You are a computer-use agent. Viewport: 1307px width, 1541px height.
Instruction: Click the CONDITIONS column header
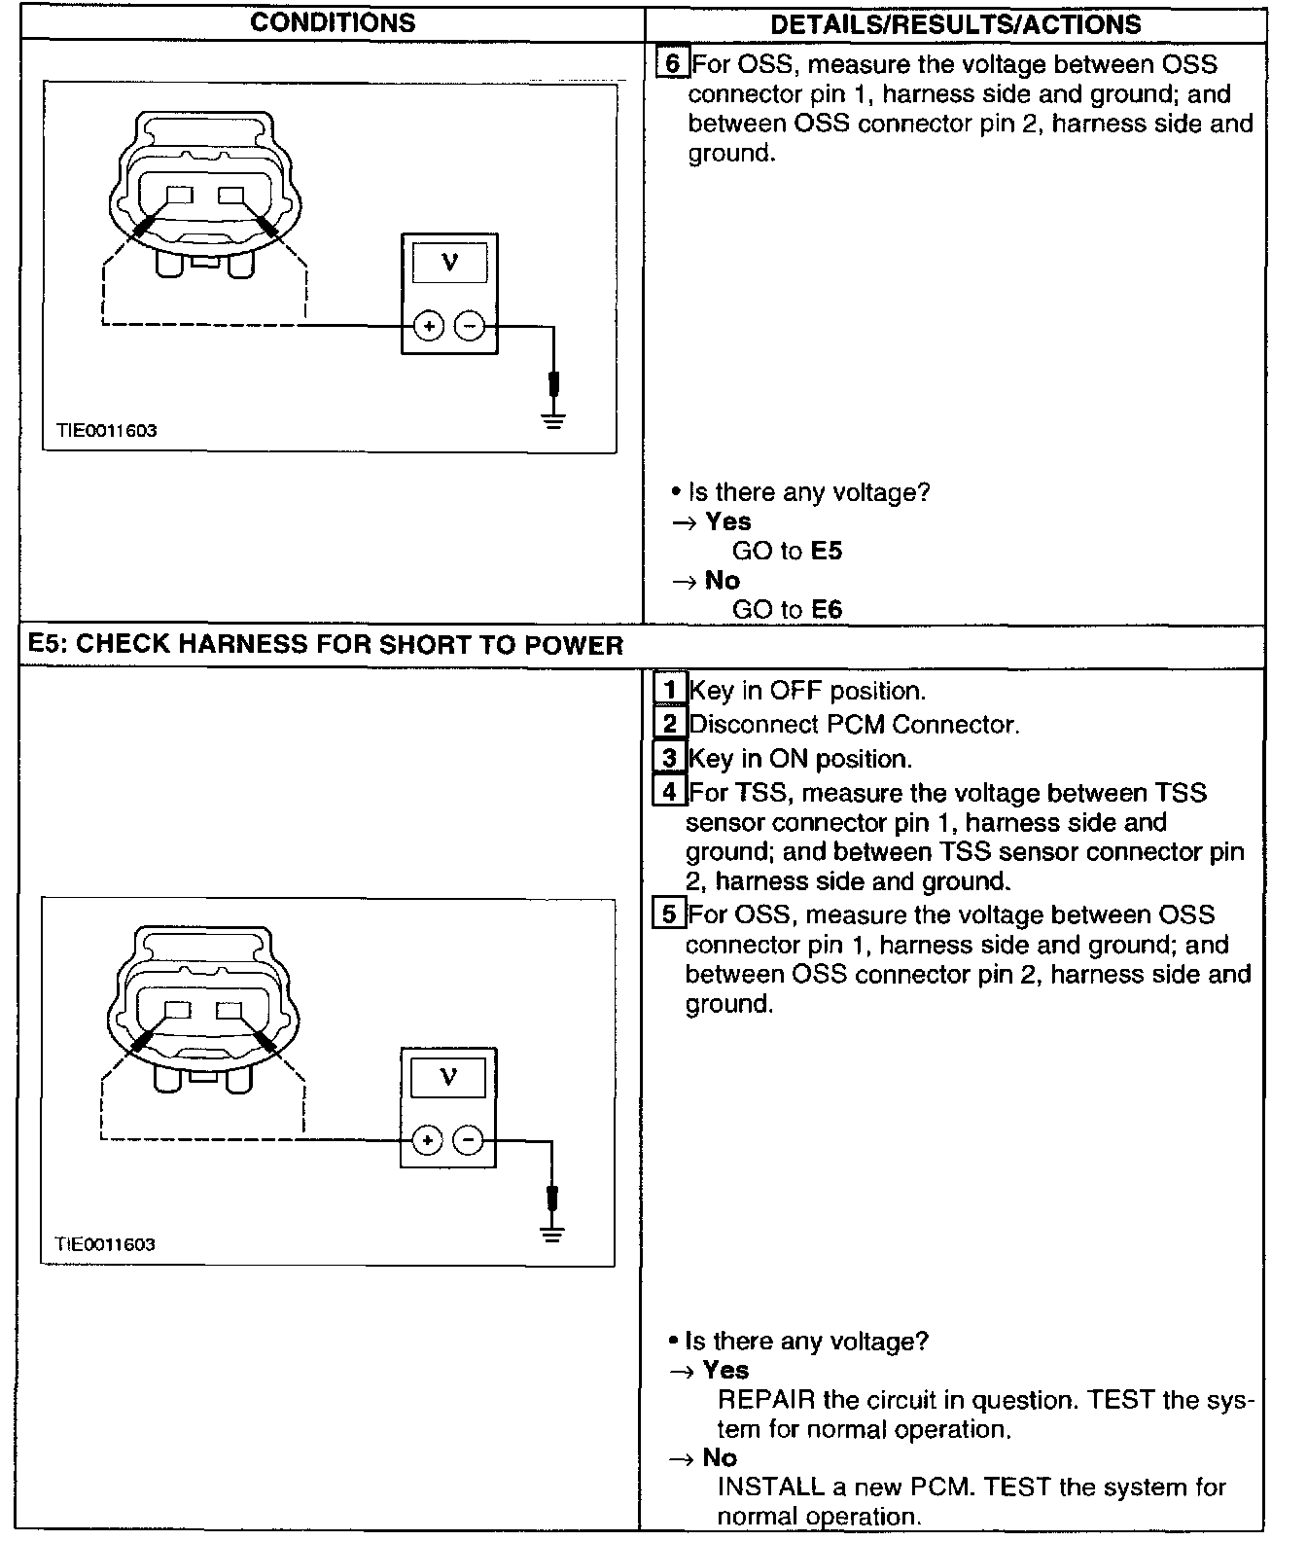tap(332, 23)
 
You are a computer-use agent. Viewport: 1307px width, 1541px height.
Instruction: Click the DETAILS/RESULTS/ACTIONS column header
tap(955, 25)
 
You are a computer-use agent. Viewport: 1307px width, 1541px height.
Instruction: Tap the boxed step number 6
tap(672, 64)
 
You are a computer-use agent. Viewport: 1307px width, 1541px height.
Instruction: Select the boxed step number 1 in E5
tap(669, 690)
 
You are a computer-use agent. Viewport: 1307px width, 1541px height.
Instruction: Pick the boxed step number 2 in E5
tap(669, 724)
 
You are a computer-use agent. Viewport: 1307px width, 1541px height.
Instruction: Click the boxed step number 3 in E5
tap(669, 758)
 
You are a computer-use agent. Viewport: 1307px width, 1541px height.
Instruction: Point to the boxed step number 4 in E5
tap(669, 792)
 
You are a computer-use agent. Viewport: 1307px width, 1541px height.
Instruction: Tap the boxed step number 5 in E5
tap(669, 914)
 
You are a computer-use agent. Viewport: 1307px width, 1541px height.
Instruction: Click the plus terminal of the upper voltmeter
tap(429, 326)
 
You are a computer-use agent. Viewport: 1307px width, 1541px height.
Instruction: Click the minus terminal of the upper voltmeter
tap(470, 326)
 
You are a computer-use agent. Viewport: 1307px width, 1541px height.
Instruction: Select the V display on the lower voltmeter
tap(447, 1077)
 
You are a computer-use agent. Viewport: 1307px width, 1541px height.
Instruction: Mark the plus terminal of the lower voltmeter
tap(427, 1140)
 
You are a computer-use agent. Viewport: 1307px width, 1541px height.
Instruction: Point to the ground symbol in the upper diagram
tap(553, 420)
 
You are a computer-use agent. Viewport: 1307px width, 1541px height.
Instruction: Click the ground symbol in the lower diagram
tap(551, 1235)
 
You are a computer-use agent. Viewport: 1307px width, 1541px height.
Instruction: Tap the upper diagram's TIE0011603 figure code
tap(106, 431)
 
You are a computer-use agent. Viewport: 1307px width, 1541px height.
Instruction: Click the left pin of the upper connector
tap(179, 196)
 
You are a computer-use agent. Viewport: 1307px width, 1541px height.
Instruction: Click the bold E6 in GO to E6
tap(827, 610)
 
